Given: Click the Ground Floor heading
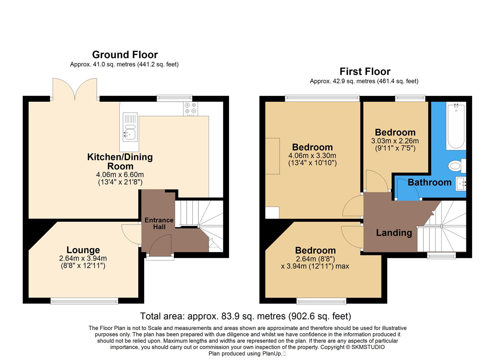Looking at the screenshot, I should click(x=125, y=55).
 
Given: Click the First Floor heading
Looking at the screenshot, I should click(x=365, y=72).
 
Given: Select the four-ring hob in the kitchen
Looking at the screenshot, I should click(x=190, y=109).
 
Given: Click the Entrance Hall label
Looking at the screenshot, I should click(x=159, y=223).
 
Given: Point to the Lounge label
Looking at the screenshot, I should click(x=83, y=250).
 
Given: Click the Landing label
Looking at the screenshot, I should click(x=394, y=233).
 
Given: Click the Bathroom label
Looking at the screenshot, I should click(x=429, y=182).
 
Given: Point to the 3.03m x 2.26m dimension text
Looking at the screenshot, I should click(x=395, y=141).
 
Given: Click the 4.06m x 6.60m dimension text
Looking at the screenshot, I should click(x=120, y=174).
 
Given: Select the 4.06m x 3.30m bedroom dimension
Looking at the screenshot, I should click(x=312, y=156).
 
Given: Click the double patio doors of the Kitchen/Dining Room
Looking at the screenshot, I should click(x=75, y=89).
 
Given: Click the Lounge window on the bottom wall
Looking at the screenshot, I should click(x=84, y=301).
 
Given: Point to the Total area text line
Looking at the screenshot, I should click(x=245, y=316).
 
